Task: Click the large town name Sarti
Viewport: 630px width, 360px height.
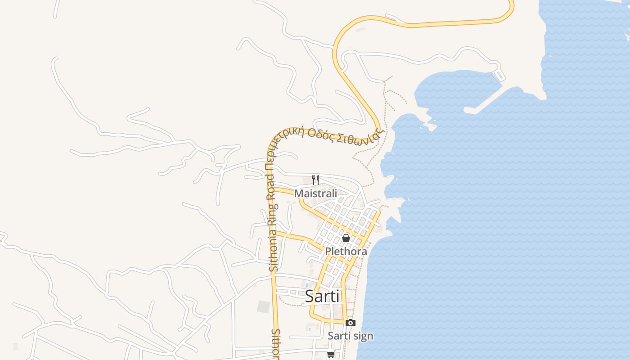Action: [322, 296]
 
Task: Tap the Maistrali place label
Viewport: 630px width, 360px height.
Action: [315, 193]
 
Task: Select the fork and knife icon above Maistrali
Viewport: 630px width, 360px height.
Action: [315, 180]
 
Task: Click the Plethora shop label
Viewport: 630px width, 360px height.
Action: [346, 252]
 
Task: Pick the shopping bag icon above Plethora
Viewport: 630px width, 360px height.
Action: [346, 238]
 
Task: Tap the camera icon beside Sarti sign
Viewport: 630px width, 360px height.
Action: [350, 323]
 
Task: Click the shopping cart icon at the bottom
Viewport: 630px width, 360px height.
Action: [331, 355]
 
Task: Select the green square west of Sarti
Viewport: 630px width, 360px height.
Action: [263, 306]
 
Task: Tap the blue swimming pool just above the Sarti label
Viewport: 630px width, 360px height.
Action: [307, 285]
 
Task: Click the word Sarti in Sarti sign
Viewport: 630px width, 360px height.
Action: [338, 336]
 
